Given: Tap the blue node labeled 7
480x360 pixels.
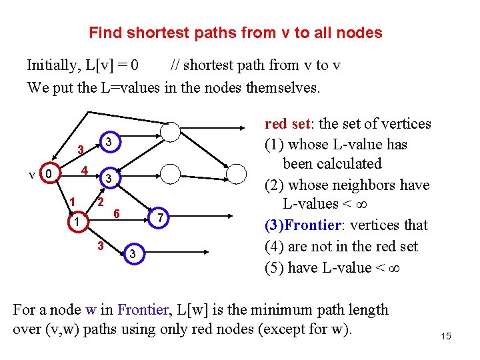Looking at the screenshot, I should pos(160,218).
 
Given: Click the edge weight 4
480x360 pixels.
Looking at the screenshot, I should pos(83,170).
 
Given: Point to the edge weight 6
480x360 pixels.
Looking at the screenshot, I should pos(116,214).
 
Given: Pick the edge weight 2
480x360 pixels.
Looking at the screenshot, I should pos(101,201).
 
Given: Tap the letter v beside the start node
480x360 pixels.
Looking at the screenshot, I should pos(31,175).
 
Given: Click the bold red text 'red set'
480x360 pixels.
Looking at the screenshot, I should pos(287,124).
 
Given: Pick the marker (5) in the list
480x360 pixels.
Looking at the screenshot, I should pos(275,267).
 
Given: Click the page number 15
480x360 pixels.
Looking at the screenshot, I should pos(446,337).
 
